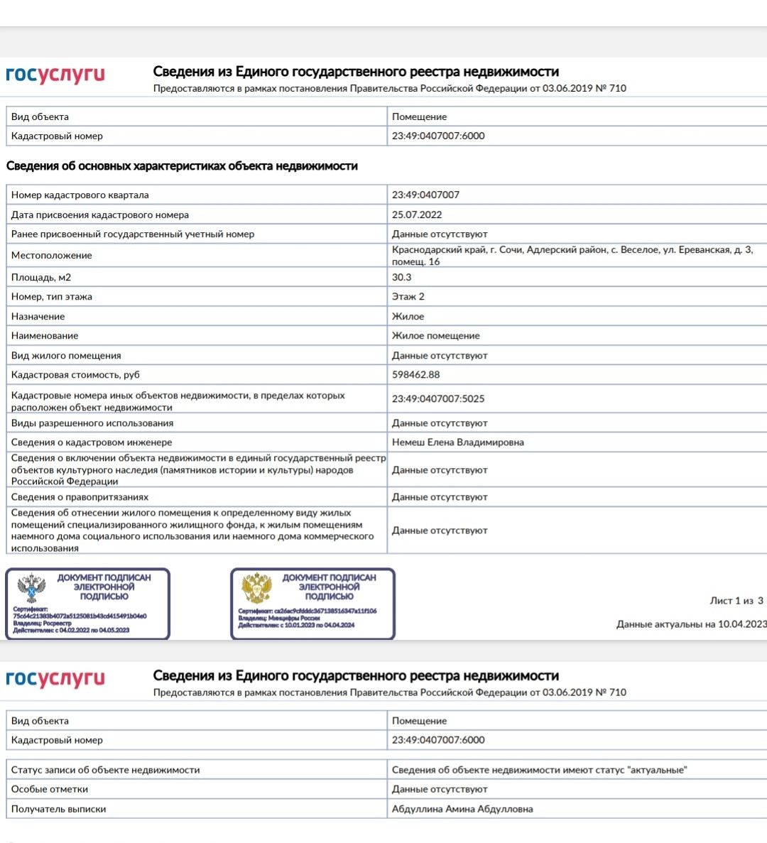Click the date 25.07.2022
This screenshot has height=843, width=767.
click(x=417, y=214)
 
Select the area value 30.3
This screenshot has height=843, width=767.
click(x=402, y=278)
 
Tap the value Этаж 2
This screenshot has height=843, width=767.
click(x=408, y=297)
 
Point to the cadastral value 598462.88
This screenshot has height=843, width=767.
click(x=416, y=375)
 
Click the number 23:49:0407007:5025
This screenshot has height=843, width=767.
click(x=438, y=399)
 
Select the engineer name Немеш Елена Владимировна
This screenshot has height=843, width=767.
click(x=458, y=442)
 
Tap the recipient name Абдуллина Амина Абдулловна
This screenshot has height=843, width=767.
click(x=462, y=809)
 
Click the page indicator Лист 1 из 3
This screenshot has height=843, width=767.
click(x=736, y=601)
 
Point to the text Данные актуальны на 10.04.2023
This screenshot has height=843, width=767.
click(x=691, y=624)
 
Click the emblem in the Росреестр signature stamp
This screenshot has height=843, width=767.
click(x=31, y=589)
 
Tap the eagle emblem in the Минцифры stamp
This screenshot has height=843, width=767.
click(x=256, y=589)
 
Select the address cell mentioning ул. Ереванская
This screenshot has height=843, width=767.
click(x=572, y=256)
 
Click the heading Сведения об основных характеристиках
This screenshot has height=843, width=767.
click(x=182, y=166)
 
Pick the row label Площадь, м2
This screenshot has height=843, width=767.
click(x=41, y=278)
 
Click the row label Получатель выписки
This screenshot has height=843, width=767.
click(x=59, y=809)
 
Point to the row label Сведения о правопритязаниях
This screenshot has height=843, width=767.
click(x=80, y=497)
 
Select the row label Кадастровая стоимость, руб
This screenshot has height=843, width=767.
click(x=75, y=375)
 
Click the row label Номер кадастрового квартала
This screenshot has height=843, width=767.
click(x=80, y=195)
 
